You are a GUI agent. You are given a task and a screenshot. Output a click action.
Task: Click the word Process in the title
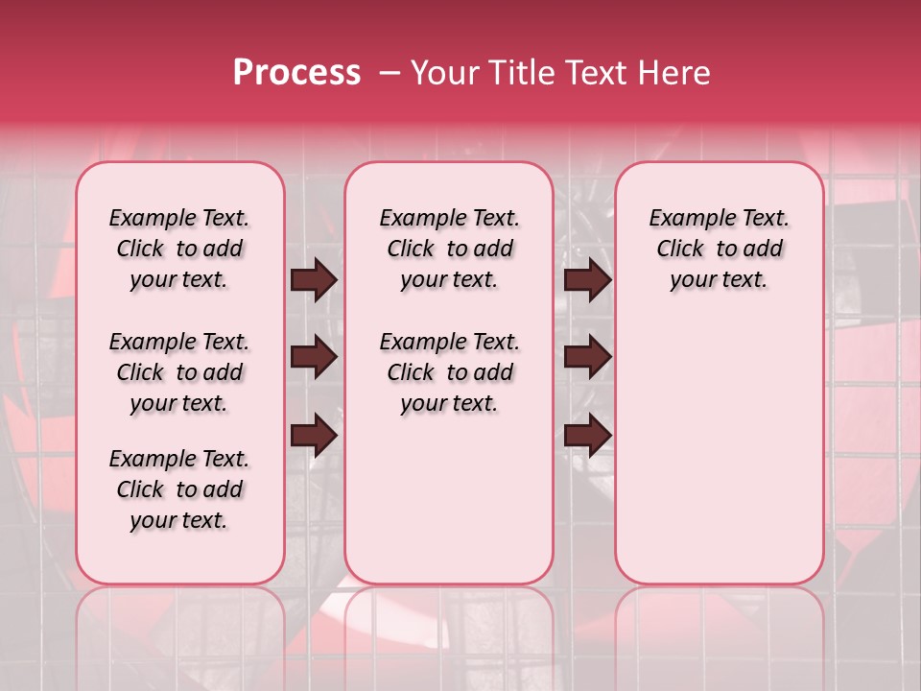tap(296, 73)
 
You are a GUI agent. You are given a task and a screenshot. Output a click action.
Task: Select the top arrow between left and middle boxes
tap(314, 279)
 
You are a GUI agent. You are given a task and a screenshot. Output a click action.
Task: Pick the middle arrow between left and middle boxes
tap(314, 357)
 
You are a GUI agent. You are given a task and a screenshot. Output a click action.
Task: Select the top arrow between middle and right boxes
tap(587, 279)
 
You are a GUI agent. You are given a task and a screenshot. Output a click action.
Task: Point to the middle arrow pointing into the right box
tap(587, 357)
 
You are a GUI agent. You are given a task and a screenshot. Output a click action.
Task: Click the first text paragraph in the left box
tap(179, 249)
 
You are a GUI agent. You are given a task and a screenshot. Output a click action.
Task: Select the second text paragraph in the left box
tap(179, 372)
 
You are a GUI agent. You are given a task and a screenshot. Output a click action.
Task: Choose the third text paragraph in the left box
tap(179, 489)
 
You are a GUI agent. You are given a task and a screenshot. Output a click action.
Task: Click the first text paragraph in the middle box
tap(449, 249)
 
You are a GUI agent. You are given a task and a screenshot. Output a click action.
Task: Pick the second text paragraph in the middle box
tap(449, 372)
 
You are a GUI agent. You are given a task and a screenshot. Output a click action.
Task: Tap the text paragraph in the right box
tap(720, 249)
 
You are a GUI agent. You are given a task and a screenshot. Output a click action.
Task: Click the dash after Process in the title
tap(389, 73)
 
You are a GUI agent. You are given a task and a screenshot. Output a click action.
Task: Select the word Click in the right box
tap(680, 250)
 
